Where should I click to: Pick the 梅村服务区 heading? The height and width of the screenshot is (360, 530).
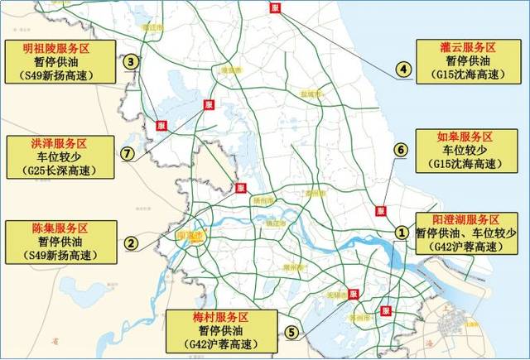click(x=219, y=317)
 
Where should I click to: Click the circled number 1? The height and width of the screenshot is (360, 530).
click(x=402, y=233)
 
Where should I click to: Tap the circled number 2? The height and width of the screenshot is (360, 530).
click(x=130, y=243)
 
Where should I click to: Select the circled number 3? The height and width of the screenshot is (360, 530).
click(x=130, y=60)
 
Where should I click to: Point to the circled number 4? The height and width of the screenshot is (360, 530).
click(x=402, y=70)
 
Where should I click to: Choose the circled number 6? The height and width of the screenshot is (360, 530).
click(x=402, y=150)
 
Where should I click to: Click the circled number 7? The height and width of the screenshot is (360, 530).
click(x=127, y=153)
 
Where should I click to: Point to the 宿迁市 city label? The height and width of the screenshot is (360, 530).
click(x=151, y=26)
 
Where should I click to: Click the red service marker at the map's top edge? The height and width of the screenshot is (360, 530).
click(x=274, y=7)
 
